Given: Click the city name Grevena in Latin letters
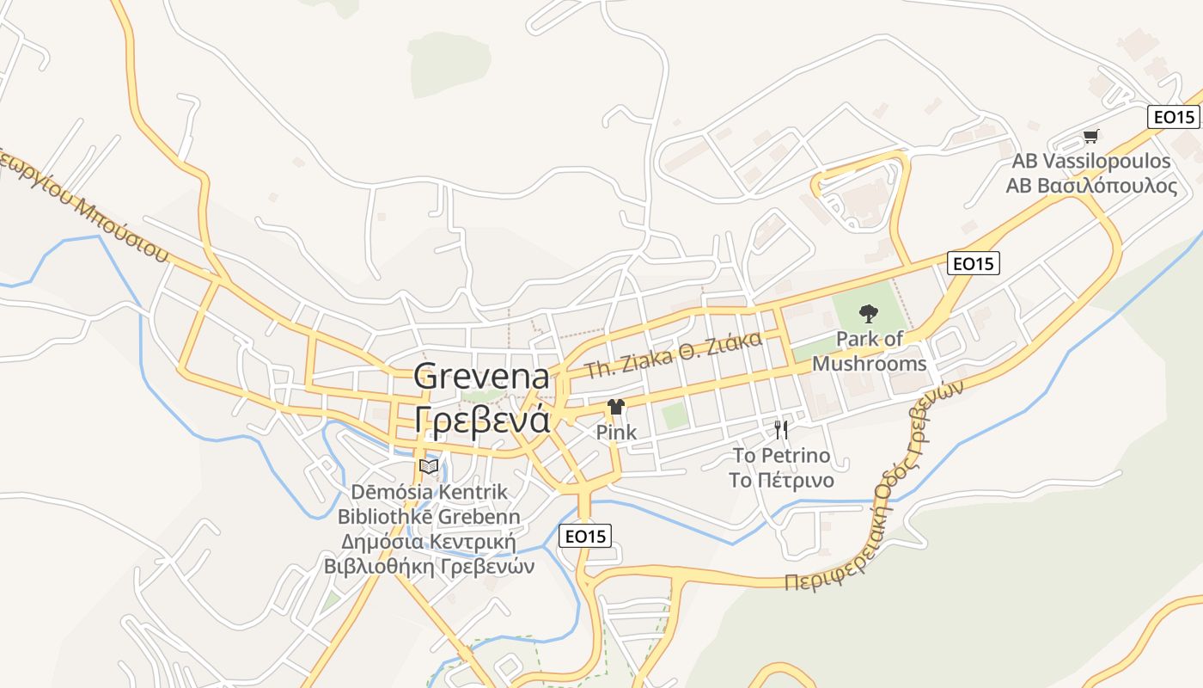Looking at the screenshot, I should pos(481,377).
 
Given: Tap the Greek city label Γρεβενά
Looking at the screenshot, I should pos(481,419).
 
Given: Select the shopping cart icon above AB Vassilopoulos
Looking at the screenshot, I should pos(1090,135).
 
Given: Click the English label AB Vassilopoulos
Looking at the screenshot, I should pos(1090,161).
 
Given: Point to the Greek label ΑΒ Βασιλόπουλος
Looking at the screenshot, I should pos(1091,186).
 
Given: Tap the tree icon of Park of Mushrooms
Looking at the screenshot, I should pos(869,315).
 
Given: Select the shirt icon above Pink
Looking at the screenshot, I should pos(616,407).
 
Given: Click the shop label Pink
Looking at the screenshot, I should pos(616,432).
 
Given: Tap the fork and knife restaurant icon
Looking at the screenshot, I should pos(781,429).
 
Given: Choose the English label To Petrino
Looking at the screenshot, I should pos(781,455).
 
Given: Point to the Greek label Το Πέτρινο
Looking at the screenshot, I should pos(781,480).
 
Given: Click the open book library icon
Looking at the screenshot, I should pos(429,466).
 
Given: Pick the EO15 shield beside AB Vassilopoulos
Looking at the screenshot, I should pos(1174,117).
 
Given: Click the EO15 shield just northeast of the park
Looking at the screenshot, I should pos(974,263).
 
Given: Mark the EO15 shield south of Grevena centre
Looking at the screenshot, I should pos(585,536).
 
